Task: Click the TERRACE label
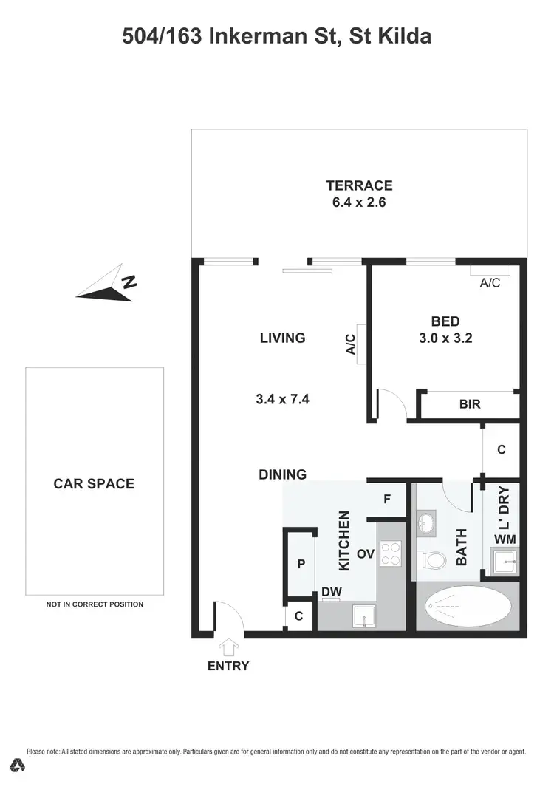[x=359, y=185]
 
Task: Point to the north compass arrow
[x=108, y=287]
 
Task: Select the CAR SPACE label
[x=94, y=484]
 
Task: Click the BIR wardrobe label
[x=470, y=405]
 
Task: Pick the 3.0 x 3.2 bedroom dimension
[x=445, y=340]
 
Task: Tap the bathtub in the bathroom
[x=466, y=607]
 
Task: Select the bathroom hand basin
[x=425, y=523]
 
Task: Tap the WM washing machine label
[x=505, y=539]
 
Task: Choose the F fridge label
[x=386, y=500]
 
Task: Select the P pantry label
[x=301, y=564]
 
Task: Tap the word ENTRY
[x=228, y=666]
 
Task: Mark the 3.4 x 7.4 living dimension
[x=282, y=399]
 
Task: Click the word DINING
[x=282, y=474]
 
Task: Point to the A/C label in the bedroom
[x=490, y=282]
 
